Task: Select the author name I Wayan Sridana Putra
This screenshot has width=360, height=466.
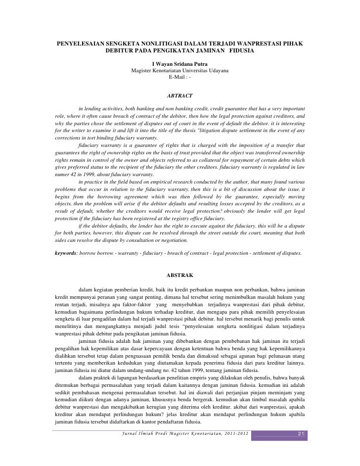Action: point(180,64)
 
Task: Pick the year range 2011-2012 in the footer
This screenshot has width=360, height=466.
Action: point(235,434)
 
